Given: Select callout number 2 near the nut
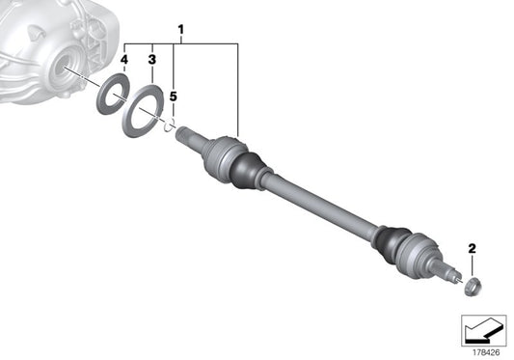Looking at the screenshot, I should [x=472, y=249].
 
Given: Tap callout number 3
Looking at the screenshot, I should [x=150, y=60].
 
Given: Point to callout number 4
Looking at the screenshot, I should [x=123, y=60].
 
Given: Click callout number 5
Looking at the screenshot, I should [x=174, y=97].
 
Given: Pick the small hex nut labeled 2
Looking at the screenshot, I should [x=472, y=286].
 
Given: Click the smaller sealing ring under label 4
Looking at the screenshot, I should [x=112, y=96].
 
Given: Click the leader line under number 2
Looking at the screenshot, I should [x=472, y=265].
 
